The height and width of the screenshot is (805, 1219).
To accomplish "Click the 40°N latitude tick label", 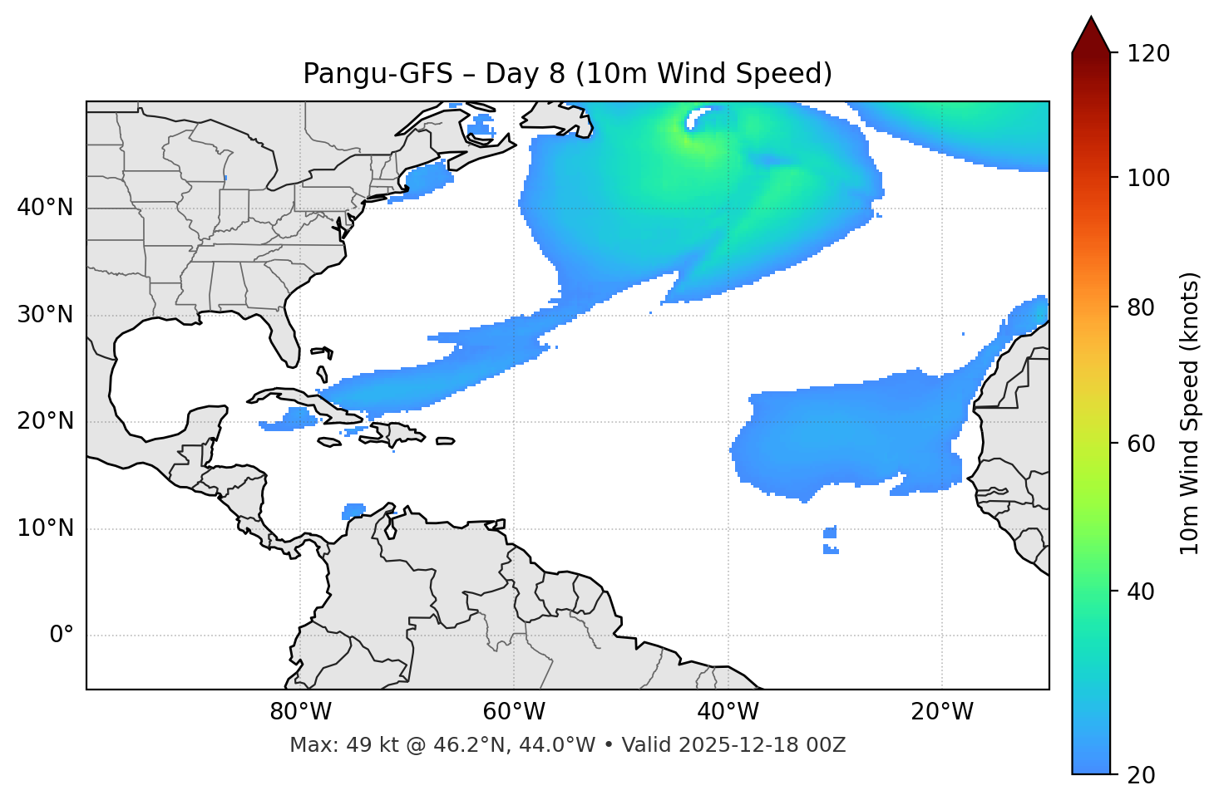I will (45, 208).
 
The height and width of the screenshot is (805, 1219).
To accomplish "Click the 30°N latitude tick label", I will (45, 315).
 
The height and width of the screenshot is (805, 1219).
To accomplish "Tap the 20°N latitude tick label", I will (45, 421).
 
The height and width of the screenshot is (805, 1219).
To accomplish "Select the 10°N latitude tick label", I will (45, 528).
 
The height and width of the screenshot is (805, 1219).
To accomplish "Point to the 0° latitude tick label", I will (62, 636).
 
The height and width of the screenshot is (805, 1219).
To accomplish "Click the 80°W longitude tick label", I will (300, 712).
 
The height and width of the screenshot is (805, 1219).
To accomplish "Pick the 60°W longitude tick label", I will (514, 712).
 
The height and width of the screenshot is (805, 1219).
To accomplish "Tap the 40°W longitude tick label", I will (728, 712).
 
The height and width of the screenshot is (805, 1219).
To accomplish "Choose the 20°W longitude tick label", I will (942, 712).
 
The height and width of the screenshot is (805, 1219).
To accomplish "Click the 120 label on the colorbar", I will (1148, 54).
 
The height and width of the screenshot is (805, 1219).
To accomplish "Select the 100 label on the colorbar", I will (1148, 178).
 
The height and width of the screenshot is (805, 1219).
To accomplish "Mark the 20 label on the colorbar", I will (1141, 775).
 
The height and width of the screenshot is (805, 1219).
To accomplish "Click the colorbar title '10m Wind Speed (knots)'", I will (1190, 414).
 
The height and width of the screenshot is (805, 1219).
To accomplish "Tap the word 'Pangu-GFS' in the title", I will (378, 74).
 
